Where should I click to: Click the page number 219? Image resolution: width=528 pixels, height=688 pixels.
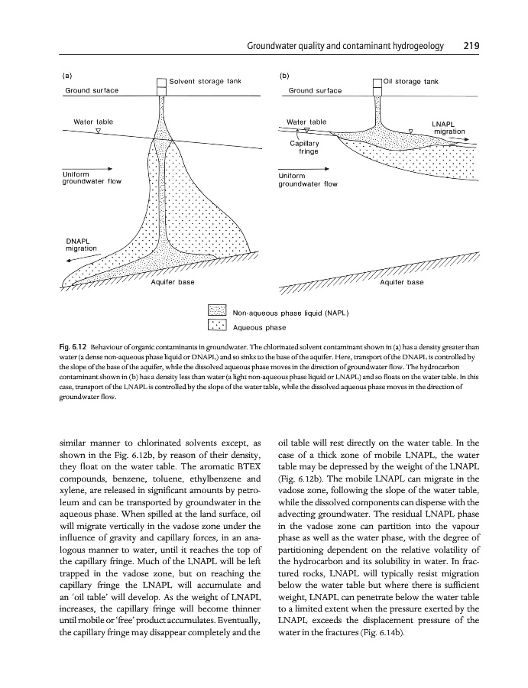[471, 46]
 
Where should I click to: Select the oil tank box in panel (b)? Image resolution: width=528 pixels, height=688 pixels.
[376, 83]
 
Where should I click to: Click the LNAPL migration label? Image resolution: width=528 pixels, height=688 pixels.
[449, 127]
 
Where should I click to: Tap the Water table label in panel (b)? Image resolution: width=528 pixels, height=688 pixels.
[306, 122]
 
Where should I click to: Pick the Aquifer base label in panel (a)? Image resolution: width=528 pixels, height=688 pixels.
[173, 283]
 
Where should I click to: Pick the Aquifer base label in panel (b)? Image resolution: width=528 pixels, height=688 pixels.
[402, 283]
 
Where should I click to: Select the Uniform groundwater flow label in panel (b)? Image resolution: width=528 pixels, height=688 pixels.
[309, 180]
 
